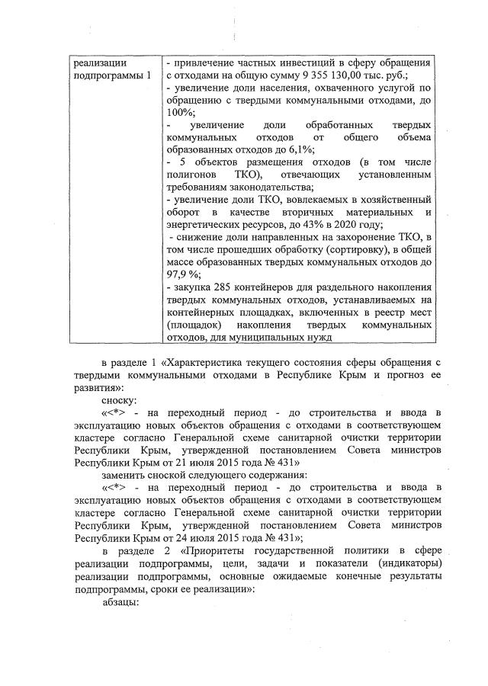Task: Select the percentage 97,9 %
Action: (x=182, y=275)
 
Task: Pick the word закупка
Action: (x=193, y=288)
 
